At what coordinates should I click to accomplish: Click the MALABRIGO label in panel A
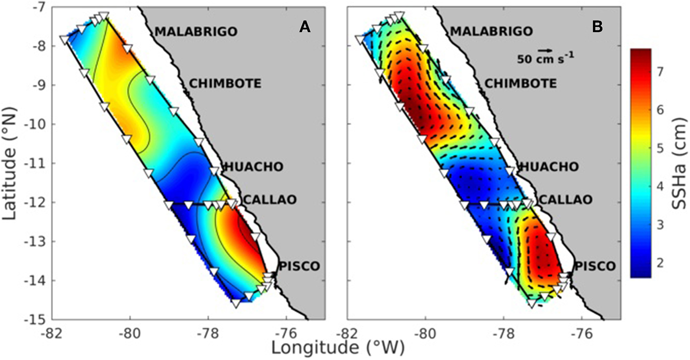tap(196, 32)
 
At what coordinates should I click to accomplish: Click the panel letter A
tap(305, 27)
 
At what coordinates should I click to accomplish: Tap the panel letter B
tap(597, 27)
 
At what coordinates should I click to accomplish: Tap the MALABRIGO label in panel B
tap(491, 32)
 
